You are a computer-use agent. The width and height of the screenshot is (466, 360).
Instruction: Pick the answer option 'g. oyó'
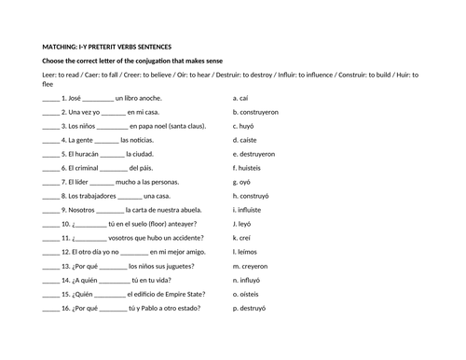coord(243,181)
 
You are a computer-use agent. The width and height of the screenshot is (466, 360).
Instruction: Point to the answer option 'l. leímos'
coord(246,251)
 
